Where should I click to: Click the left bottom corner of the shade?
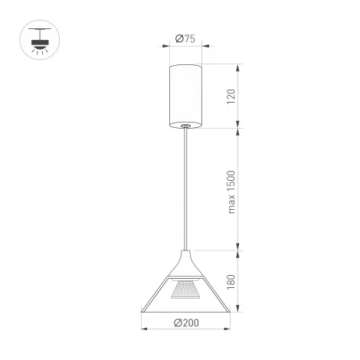(143, 312)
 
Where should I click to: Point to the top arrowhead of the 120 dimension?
(241, 67)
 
